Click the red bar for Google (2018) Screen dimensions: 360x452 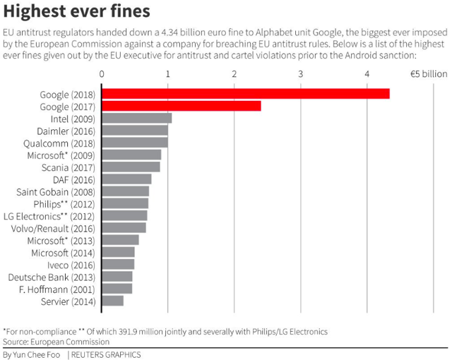click(246, 93)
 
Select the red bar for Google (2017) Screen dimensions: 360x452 click(182, 106)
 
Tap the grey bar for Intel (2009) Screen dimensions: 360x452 click(137, 118)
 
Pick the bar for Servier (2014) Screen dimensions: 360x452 click(113, 301)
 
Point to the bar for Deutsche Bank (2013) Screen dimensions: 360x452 click(117, 277)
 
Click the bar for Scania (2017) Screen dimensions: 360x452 click(131, 167)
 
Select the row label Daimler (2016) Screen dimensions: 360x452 click(67, 131)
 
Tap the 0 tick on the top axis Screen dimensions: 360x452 click(102, 73)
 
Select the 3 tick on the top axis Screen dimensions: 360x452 click(302, 73)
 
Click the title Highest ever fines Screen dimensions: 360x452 click(77, 12)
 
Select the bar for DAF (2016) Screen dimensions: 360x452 click(127, 179)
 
